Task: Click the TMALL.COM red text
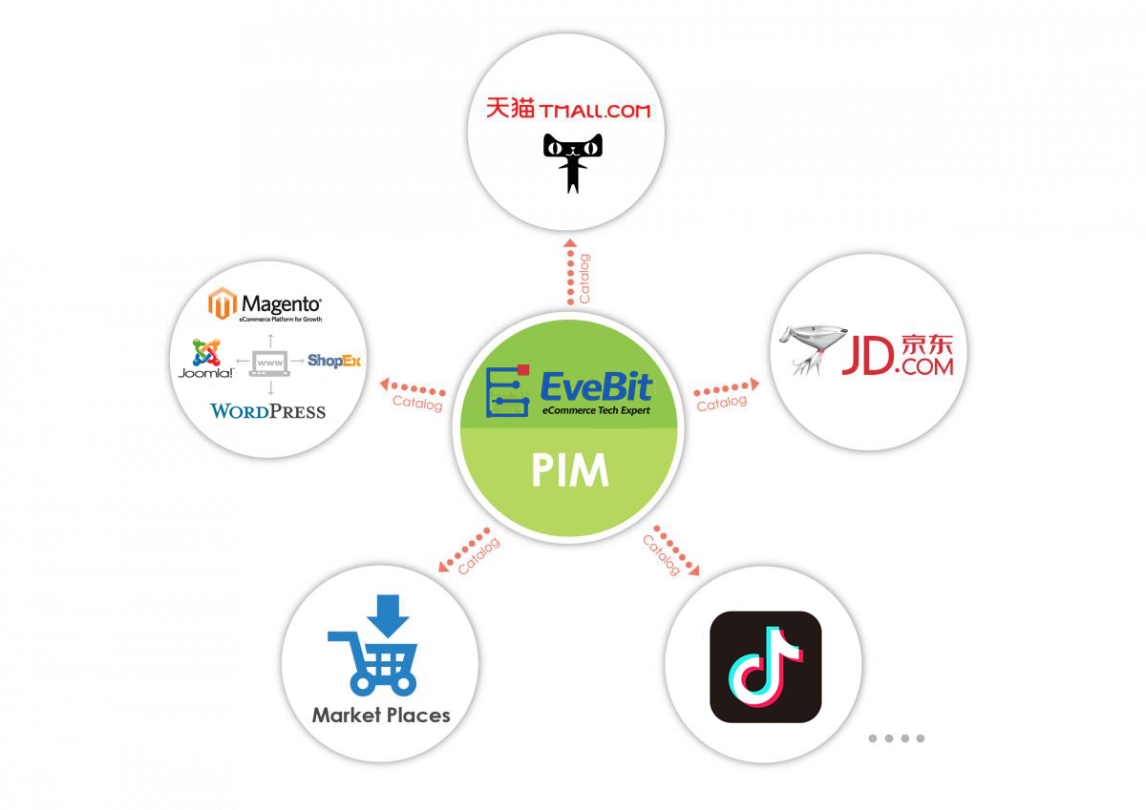click(x=594, y=110)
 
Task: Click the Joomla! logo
click(x=205, y=359)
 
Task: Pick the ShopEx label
click(x=333, y=361)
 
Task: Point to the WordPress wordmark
click(x=267, y=411)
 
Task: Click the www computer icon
click(x=269, y=363)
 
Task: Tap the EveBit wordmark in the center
click(x=596, y=385)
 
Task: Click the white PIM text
click(x=570, y=471)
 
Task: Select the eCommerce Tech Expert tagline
click(x=596, y=410)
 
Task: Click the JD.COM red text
click(x=897, y=356)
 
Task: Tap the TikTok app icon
click(x=766, y=666)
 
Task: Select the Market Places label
click(x=380, y=715)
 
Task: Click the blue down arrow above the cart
click(x=388, y=615)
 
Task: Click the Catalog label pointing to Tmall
click(x=584, y=278)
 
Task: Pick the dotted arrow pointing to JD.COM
click(x=726, y=387)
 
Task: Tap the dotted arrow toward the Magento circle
click(x=414, y=387)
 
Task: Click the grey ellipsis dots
click(x=896, y=737)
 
